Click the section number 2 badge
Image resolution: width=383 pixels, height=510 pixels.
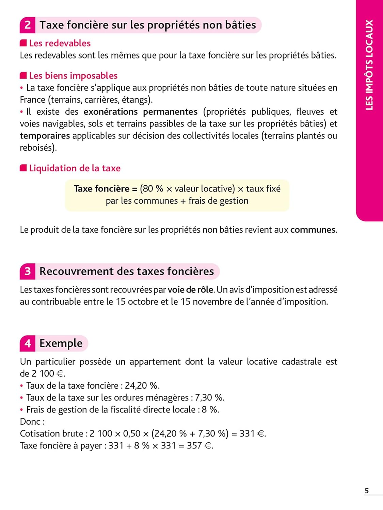coord(28,25)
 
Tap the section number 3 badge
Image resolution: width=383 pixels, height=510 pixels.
coord(28,271)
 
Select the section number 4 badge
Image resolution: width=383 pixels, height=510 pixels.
coord(28,343)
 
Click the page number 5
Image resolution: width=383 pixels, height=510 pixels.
coord(367,491)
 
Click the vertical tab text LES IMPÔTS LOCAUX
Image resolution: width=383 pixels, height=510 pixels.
coord(369,65)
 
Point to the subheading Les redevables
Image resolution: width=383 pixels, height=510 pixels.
coord(60,43)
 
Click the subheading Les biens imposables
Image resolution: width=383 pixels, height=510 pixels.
coord(73,75)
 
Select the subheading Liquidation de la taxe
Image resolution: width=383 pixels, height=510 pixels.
coord(75,168)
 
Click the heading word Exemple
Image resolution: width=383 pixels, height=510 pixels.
coord(61,343)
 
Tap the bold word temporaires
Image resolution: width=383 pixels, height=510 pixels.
coord(45,136)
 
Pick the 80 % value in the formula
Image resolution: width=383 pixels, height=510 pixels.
coord(153,189)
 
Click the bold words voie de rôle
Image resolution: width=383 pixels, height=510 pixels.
coord(191,290)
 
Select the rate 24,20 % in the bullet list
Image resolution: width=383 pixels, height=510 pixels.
coord(142,386)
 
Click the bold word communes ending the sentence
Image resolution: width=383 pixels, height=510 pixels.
coord(313,230)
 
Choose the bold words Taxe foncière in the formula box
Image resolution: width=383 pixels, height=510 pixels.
coord(101,189)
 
